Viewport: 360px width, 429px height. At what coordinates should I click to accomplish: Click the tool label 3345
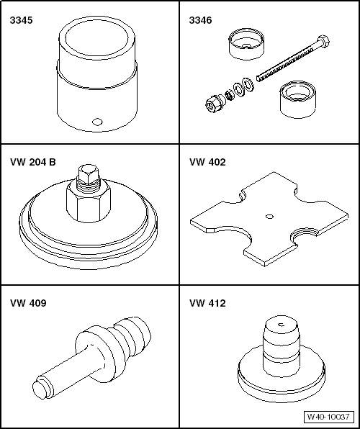click(x=21, y=20)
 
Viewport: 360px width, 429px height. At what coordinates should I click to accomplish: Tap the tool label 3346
click(x=200, y=20)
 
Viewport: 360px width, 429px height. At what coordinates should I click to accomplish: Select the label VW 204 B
click(x=33, y=162)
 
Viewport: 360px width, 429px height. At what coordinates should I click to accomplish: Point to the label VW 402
click(x=207, y=162)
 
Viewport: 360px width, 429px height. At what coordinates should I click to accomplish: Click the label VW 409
click(x=29, y=303)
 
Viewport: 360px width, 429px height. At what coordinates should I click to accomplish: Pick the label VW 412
click(x=207, y=303)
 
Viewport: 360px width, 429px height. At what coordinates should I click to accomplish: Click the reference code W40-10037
click(x=328, y=417)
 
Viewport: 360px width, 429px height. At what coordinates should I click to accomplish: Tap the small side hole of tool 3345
click(x=97, y=122)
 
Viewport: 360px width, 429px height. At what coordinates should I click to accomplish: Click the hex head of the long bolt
click(x=323, y=40)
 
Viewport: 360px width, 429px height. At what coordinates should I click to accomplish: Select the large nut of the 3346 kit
click(x=214, y=103)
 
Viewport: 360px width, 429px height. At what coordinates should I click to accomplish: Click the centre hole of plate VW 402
click(x=270, y=217)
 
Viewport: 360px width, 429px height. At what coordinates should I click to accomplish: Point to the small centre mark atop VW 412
click(x=282, y=325)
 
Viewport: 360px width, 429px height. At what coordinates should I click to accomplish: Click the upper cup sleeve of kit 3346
click(x=246, y=44)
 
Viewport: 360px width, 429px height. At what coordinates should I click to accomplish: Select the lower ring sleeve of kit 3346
click(x=297, y=99)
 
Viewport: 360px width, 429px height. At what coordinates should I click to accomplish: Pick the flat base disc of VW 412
click(x=282, y=379)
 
